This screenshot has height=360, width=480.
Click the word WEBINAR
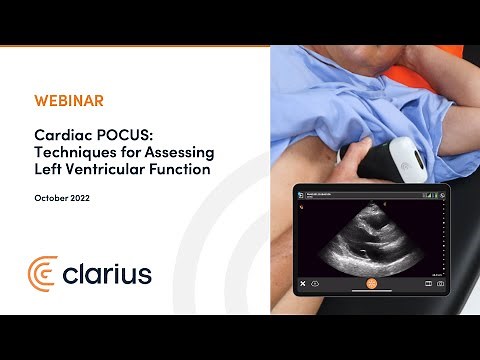(x=68, y=102)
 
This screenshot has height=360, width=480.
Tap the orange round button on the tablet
(x=371, y=284)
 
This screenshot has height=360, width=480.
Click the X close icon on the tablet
(x=301, y=284)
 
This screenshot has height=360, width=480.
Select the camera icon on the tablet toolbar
(x=441, y=284)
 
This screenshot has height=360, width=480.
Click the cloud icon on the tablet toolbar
(x=316, y=284)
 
